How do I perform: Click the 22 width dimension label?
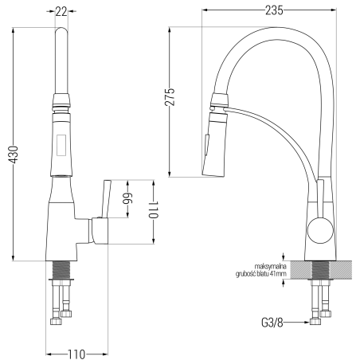(61, 11)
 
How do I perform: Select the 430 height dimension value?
(14, 155)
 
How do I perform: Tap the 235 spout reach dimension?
(274, 10)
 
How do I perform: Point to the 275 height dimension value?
(170, 97)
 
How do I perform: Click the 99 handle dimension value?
(127, 198)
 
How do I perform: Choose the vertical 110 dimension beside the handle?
(154, 209)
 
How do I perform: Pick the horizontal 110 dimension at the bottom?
(76, 354)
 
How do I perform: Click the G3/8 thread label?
(272, 323)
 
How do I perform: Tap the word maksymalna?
(270, 266)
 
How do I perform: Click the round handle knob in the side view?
(320, 230)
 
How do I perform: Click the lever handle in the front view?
(106, 199)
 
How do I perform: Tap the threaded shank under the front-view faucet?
(61, 270)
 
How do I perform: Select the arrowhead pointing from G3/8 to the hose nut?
(307, 323)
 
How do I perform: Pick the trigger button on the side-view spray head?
(206, 145)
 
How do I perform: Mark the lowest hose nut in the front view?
(56, 321)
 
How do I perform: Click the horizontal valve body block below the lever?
(98, 230)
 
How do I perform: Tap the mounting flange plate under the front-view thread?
(61, 280)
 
